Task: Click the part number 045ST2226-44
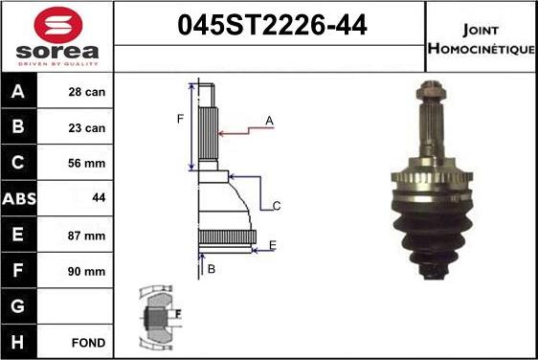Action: coord(271,27)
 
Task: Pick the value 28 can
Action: coord(87,93)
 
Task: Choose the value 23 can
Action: coord(87,128)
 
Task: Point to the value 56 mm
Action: coord(87,164)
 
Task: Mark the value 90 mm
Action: coord(87,271)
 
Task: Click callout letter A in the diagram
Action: coord(270,121)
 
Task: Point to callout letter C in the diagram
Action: coord(276,206)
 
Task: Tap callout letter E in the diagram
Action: coord(272,246)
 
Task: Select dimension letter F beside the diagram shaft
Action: coord(179,119)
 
